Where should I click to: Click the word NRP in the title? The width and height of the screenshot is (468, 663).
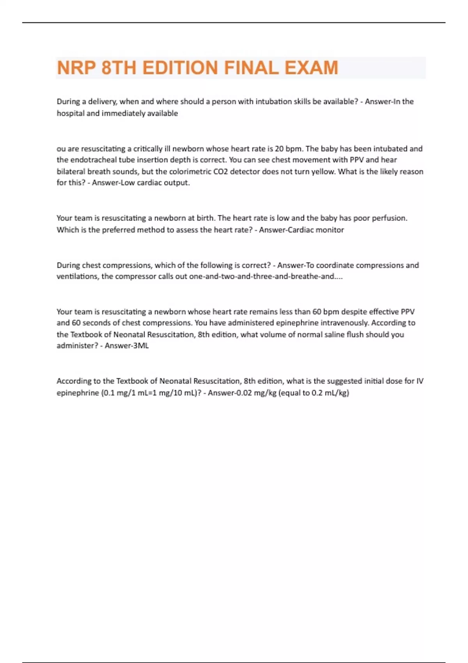[76, 68]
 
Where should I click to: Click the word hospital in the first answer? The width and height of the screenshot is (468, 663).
[71, 113]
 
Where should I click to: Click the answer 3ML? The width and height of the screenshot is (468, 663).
[141, 346]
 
